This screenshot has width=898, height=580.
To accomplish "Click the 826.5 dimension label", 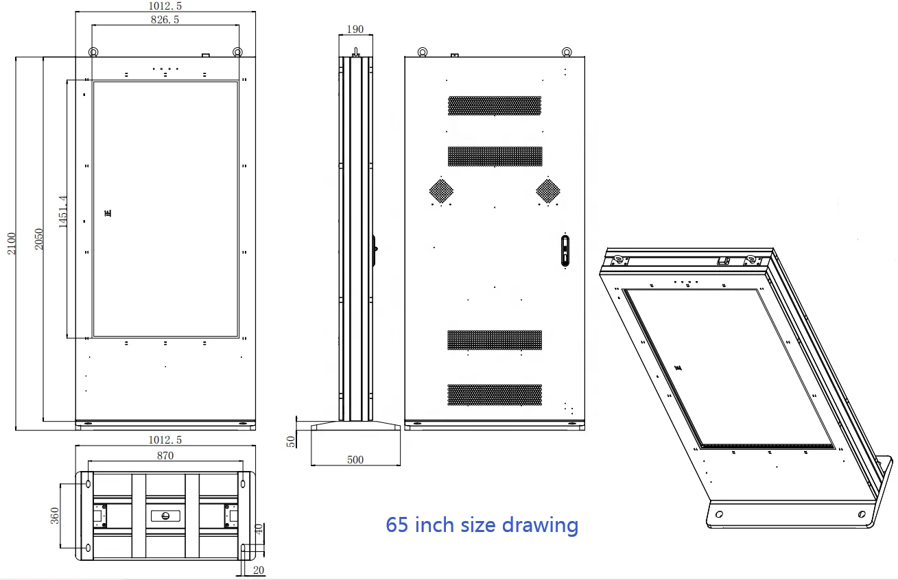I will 165,20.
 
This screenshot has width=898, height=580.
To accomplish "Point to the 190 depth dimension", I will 355,29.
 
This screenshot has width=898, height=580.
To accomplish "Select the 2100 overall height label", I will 11,243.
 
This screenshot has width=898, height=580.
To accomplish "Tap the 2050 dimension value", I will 39,239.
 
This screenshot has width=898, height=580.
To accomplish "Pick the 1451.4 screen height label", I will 62,212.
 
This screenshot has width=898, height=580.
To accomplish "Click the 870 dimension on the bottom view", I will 165,455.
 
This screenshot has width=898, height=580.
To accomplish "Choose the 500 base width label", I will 355,460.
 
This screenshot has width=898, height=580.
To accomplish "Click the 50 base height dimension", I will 291,442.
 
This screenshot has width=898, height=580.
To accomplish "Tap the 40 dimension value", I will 258,529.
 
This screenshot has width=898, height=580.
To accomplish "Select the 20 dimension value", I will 259,570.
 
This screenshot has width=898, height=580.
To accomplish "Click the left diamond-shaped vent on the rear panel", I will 442,190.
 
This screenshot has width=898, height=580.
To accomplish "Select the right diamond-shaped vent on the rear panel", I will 548,190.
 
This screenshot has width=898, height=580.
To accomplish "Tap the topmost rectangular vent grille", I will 495,106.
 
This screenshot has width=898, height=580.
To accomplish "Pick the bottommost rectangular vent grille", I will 495,394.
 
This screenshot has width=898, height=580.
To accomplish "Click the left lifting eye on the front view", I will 93,52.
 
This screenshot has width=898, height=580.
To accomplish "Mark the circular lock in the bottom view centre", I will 165,516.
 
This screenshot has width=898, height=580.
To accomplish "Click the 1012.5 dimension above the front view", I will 165,5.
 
